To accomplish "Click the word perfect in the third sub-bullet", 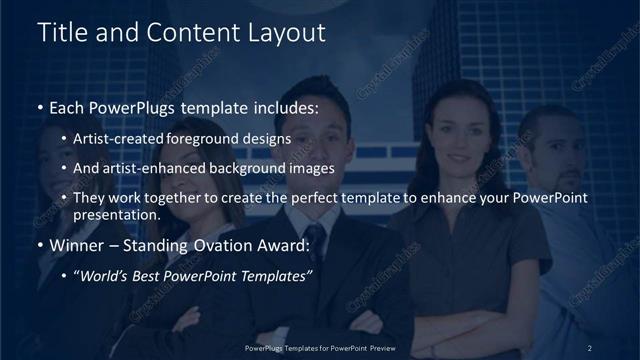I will coord(311,198).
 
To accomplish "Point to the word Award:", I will coord(284,246).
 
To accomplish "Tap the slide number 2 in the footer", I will coord(590,348).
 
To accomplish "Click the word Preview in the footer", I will coord(379,348).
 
